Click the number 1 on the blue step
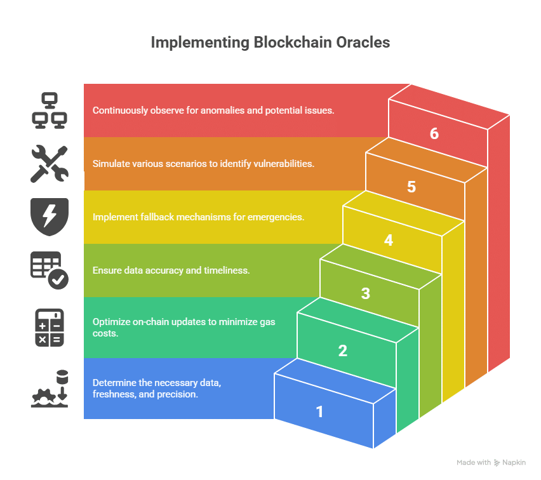click(x=320, y=411)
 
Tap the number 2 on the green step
click(x=343, y=350)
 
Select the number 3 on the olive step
click(x=365, y=293)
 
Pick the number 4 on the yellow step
click(x=388, y=241)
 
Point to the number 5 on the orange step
click(x=411, y=187)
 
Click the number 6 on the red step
click(x=434, y=133)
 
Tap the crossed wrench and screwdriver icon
click(x=50, y=164)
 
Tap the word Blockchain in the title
click(x=293, y=43)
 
